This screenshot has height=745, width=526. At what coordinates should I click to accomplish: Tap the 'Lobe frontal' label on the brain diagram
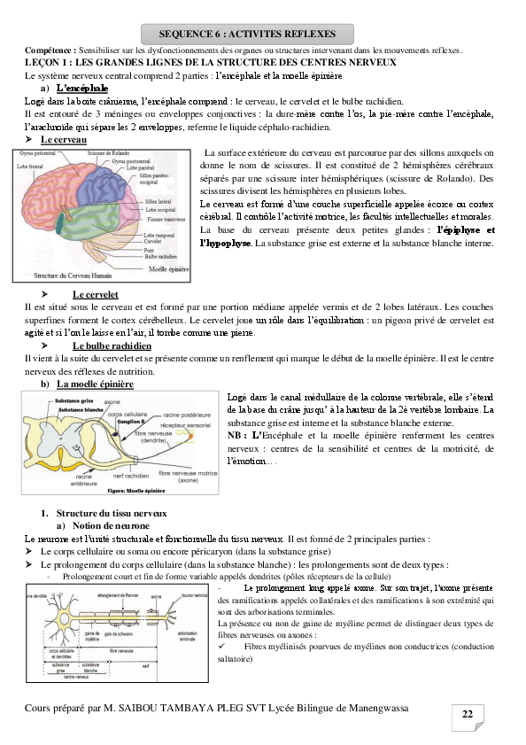coord(33,166)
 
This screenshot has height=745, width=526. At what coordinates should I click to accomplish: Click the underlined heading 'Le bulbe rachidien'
coord(112,345)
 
